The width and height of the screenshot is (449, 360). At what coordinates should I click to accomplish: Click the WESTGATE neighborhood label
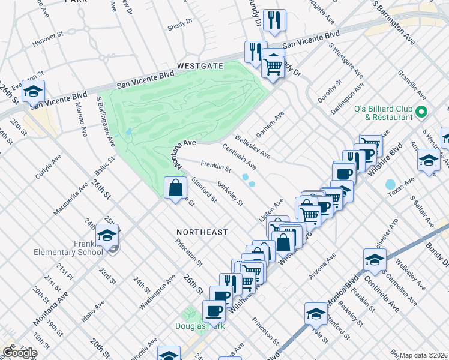[x=200, y=65]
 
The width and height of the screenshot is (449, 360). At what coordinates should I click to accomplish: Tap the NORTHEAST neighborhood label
[x=202, y=232]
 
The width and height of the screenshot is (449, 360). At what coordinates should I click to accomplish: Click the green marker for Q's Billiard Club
[x=421, y=112]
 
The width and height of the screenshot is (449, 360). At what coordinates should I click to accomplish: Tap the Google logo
[x=20, y=353]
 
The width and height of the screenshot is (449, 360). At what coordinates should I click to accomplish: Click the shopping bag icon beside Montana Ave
[x=174, y=188]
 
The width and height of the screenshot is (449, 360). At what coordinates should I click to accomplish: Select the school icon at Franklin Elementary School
[x=107, y=236]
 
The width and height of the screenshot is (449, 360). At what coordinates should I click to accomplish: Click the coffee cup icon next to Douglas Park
[x=214, y=312]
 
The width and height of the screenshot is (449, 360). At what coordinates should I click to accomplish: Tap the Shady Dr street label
[x=180, y=22]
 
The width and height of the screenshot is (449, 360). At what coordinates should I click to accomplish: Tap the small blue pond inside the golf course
[x=128, y=131]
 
